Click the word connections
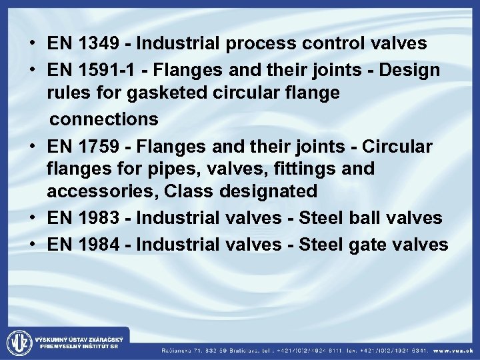click(x=105, y=119)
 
